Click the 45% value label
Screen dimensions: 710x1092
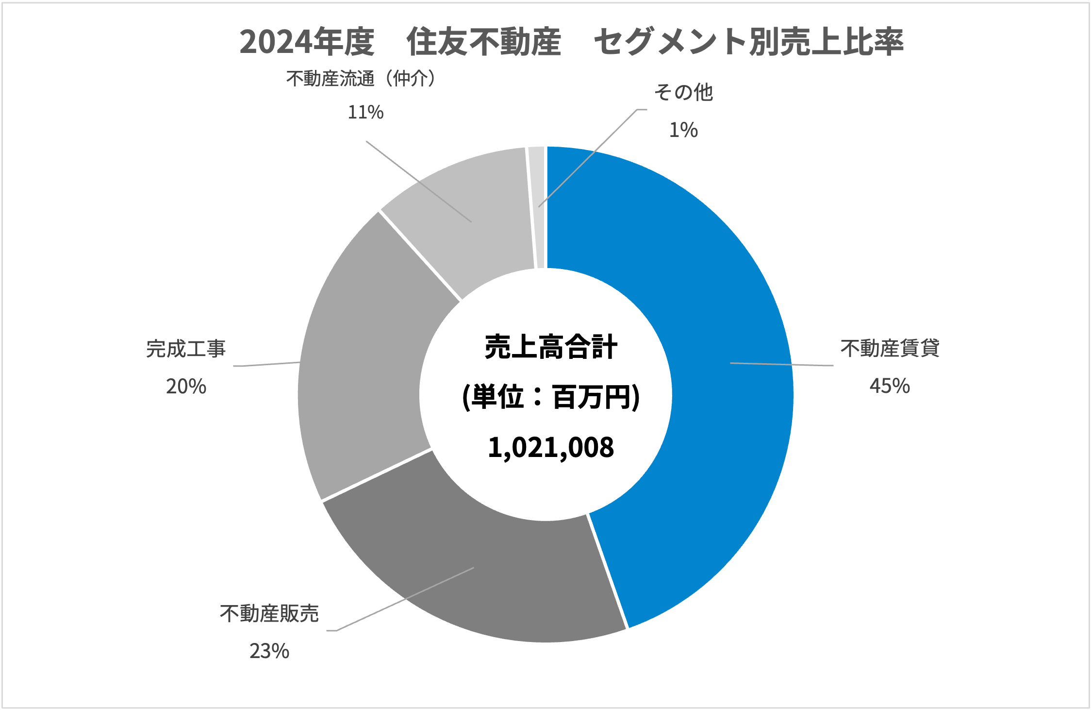click(x=889, y=386)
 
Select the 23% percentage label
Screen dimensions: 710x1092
click(x=269, y=651)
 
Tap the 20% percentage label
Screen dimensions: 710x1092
click(x=186, y=387)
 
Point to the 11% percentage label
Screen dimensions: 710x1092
click(x=365, y=113)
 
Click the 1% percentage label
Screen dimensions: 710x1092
click(x=683, y=130)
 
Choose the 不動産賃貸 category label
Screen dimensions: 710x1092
click(x=890, y=349)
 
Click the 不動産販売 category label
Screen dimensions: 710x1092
click(x=269, y=614)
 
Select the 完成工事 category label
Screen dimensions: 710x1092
click(x=186, y=349)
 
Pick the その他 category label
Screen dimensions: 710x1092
click(x=683, y=92)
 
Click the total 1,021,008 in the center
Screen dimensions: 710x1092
click(x=550, y=447)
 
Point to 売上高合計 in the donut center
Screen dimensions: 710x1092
click(x=550, y=347)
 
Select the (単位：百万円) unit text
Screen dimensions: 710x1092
click(x=550, y=397)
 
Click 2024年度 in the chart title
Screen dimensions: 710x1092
click(x=307, y=42)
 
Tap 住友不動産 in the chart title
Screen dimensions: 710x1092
click(x=483, y=42)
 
